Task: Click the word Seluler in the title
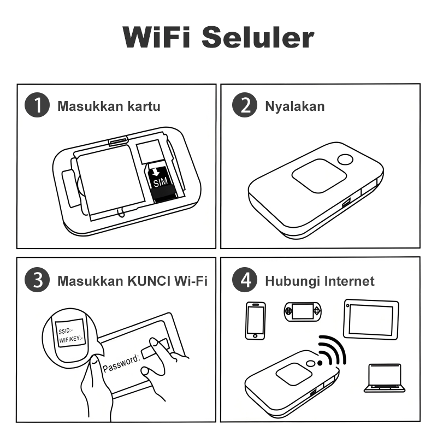click(258, 37)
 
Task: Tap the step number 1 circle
click(37, 105)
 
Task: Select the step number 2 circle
click(245, 105)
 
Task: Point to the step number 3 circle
click(37, 280)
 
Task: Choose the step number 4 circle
click(245, 280)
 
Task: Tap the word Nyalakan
click(295, 107)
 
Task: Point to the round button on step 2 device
click(345, 160)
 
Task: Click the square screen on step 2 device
click(319, 176)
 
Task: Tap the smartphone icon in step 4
click(255, 321)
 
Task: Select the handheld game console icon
click(303, 311)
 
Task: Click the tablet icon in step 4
click(371, 320)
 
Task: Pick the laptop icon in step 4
click(385, 378)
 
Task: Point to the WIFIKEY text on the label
click(70, 339)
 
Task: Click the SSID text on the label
click(66, 331)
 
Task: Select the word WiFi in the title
click(157, 37)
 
